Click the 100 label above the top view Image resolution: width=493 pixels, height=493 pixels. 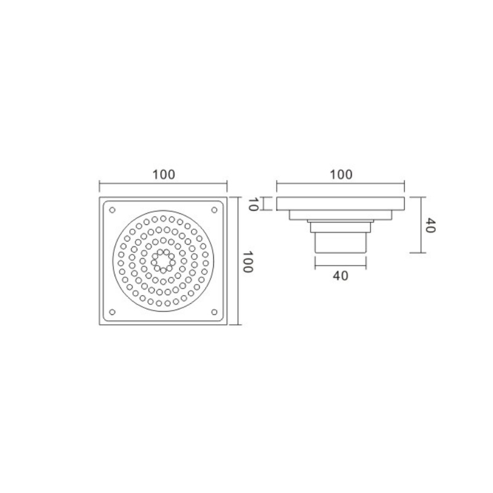163,174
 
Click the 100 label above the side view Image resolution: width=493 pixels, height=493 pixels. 341,174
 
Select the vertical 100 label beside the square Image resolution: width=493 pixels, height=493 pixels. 248,261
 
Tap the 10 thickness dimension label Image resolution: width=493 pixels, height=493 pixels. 253,204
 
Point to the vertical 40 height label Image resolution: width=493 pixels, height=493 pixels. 430,226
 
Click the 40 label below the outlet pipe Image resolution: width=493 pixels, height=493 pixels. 341,275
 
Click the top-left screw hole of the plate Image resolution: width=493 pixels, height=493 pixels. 112,210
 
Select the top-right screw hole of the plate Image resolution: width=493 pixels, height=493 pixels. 214,210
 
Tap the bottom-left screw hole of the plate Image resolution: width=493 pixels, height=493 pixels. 112,312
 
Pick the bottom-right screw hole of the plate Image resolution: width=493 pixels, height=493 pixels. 214,312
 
